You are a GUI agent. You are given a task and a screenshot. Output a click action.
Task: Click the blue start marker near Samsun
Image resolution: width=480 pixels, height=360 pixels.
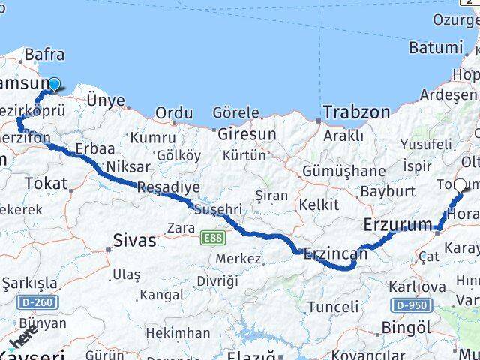[x=54, y=84]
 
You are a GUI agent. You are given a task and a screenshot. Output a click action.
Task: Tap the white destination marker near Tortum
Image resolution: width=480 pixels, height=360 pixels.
[x=460, y=181]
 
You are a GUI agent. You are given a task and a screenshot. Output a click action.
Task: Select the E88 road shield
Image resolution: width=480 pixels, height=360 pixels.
[x=212, y=238]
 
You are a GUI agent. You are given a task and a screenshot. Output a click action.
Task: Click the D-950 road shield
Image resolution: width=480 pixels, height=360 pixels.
[x=410, y=305]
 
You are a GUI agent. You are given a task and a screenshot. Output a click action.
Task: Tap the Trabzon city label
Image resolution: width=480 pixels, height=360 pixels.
[x=356, y=112]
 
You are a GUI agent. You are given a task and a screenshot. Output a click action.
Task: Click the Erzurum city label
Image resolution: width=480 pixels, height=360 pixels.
[x=397, y=224]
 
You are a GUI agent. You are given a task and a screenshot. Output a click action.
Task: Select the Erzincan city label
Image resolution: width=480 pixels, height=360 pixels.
[x=335, y=253]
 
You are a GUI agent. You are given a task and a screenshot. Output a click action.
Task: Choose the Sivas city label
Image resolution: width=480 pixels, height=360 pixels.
[x=134, y=240]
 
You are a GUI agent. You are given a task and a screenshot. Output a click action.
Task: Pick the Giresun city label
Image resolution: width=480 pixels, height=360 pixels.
[x=247, y=134]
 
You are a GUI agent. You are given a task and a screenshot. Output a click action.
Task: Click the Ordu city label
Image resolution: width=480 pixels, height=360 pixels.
[x=173, y=113]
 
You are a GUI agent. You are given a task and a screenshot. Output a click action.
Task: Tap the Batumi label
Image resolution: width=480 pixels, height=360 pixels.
[x=436, y=48]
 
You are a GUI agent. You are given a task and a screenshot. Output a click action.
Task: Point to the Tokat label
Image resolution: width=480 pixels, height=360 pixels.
[x=46, y=183]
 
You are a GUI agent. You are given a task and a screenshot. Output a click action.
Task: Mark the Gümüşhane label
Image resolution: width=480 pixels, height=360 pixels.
[x=343, y=171]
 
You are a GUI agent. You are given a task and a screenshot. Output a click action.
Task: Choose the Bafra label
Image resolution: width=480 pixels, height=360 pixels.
[x=44, y=55]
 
